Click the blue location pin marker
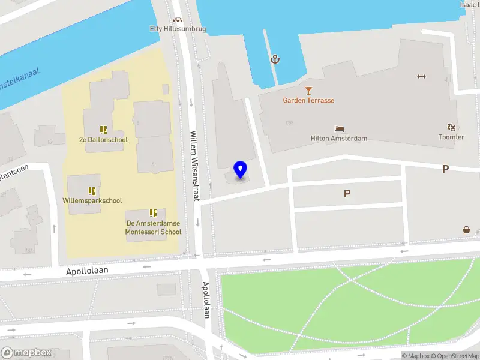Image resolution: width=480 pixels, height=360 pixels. [240, 170]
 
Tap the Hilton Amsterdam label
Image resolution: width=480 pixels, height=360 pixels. [339, 138]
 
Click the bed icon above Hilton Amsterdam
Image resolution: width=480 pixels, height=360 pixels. [339, 128]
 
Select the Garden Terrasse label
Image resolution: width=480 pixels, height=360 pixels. [308, 100]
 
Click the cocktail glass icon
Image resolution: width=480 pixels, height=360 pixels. [308, 91]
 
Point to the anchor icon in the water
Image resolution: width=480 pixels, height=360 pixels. [275, 59]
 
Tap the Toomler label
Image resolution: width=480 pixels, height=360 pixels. [451, 137]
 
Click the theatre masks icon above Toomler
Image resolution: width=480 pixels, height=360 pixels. [451, 127]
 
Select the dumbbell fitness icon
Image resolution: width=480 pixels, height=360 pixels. [421, 76]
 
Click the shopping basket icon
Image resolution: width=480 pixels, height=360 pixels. [466, 230]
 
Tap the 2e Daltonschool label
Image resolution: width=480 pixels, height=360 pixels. [103, 140]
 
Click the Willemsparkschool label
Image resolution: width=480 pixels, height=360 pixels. [92, 200]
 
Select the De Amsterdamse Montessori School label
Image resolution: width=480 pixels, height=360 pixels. [153, 227]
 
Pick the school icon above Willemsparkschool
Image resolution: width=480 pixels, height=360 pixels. [92, 191]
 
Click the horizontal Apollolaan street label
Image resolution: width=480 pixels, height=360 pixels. [87, 271]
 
